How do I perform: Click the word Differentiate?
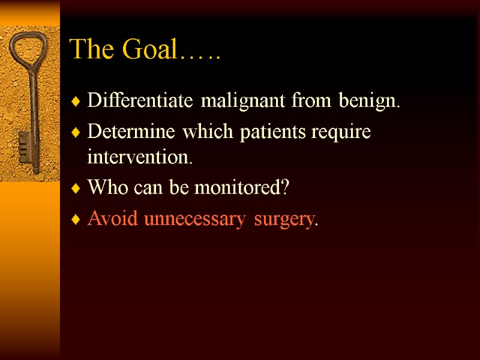tap(142, 101)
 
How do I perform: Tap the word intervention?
tap(140, 158)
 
